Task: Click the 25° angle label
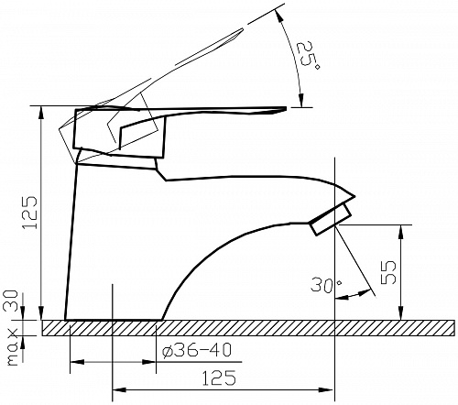(308, 55)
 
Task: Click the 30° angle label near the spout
(326, 286)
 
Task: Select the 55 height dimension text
(388, 272)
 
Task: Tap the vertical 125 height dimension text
(29, 213)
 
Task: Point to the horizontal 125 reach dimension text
(219, 378)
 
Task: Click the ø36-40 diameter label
(197, 350)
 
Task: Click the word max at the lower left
(13, 347)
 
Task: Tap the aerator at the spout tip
(331, 220)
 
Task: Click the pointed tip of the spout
(355, 196)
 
